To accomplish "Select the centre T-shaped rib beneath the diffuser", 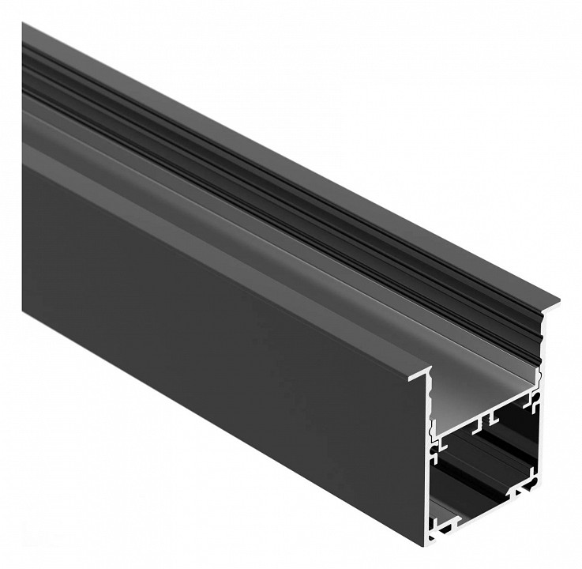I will tap(490, 414).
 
